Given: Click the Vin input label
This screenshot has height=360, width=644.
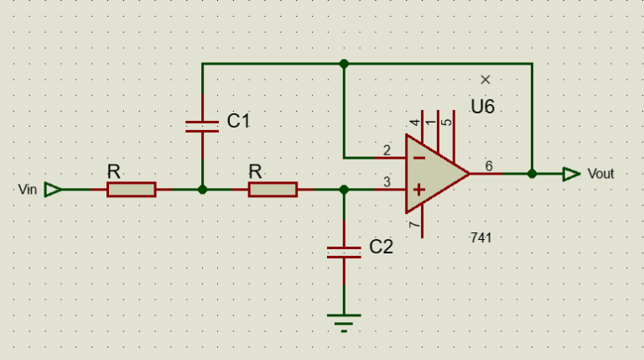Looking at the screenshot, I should click(x=28, y=190).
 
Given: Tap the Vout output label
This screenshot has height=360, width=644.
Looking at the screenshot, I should click(x=600, y=174).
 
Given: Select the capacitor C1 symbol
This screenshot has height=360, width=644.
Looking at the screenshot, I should click(x=202, y=126).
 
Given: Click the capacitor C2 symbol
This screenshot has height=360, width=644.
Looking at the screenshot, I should click(x=344, y=252).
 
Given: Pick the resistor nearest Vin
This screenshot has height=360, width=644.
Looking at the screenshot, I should click(x=131, y=190).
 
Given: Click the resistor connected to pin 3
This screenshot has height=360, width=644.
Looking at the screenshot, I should click(x=273, y=190).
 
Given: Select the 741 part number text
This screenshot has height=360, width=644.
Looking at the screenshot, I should click(x=480, y=238).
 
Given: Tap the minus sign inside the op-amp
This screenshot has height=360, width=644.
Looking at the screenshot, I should click(x=418, y=157).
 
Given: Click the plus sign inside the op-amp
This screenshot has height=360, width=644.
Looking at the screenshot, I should click(x=418, y=190).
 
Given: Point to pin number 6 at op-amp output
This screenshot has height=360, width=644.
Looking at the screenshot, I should click(x=489, y=166).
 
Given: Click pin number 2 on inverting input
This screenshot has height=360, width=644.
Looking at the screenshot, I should click(x=387, y=150).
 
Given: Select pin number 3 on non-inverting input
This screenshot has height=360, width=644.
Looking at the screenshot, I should click(x=387, y=182).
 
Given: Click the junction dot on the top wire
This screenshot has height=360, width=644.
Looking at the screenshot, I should click(x=344, y=64).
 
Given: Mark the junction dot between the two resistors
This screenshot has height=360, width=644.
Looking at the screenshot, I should click(x=202, y=190).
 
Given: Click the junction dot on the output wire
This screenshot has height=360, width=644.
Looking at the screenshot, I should click(x=532, y=174).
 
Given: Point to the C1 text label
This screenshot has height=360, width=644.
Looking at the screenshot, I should click(x=239, y=121).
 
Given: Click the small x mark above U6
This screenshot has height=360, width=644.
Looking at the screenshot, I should click(x=486, y=80).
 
